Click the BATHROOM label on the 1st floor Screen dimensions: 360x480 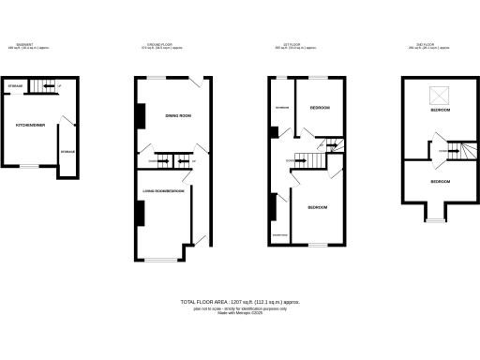click(x=280, y=107)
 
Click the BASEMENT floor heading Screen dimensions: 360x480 click(x=25, y=44)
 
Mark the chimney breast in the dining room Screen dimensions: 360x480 click(x=142, y=115)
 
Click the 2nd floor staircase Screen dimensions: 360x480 click(x=454, y=149)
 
